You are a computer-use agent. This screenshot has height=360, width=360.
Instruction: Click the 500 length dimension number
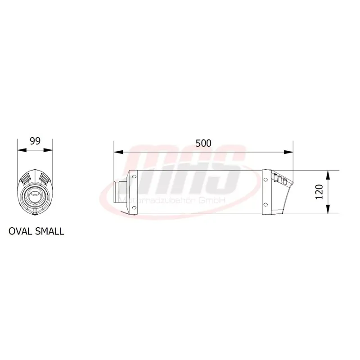coord(203,143)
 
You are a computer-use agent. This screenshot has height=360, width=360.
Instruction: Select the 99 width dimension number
coord(35,141)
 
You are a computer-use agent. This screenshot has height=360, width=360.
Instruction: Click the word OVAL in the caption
coord(20,231)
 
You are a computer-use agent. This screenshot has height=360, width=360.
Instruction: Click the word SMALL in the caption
coord(49,231)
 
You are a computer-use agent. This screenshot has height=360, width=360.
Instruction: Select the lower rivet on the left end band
coord(134,207)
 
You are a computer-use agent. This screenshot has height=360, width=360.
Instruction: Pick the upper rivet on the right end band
coord(265,180)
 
